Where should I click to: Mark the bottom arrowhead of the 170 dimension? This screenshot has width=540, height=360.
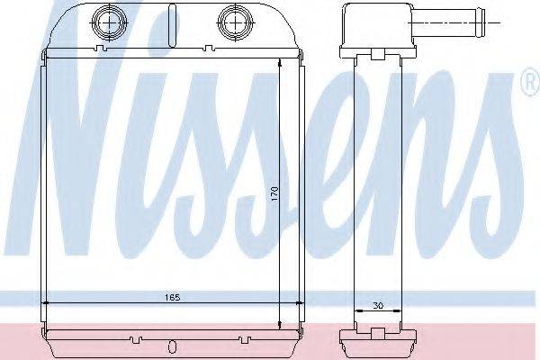(281, 325)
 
